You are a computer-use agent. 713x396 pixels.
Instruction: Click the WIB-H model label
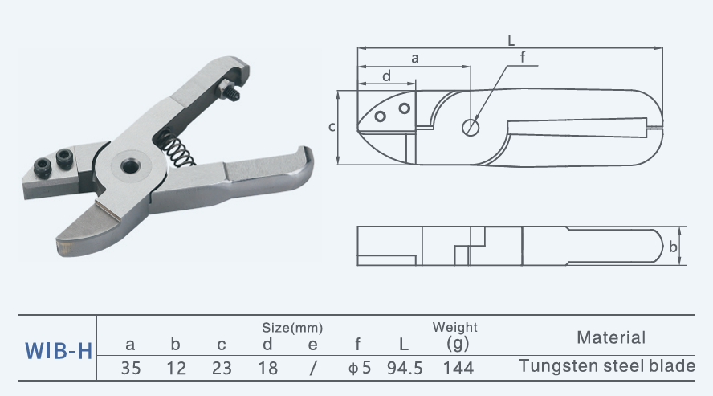tap(59, 351)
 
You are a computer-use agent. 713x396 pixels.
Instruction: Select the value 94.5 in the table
tap(405, 369)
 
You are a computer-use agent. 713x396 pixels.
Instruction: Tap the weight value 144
tap(457, 369)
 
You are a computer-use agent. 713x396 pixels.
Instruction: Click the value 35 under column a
tap(131, 369)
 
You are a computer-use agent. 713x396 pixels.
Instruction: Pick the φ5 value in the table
tap(358, 369)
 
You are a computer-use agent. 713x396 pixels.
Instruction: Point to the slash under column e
tap(313, 369)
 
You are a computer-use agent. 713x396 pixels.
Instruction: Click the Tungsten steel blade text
tap(607, 366)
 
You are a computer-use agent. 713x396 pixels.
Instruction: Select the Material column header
tap(610, 338)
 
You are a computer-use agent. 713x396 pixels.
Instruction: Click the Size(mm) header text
tap(292, 328)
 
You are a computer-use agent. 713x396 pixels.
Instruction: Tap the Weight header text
tap(454, 328)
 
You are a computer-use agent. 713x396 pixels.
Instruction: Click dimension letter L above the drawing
tap(511, 39)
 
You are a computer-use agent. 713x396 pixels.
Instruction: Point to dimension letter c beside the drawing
tap(332, 127)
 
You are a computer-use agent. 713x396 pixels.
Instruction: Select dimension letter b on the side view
tap(673, 247)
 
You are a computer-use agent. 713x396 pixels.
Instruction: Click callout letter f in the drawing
tap(522, 56)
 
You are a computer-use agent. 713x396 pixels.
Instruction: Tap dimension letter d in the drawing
tap(386, 76)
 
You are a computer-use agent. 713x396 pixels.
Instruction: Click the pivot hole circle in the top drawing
tap(471, 126)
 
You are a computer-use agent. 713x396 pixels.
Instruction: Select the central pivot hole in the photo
tap(128, 165)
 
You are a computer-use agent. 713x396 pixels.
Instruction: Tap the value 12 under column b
tap(176, 369)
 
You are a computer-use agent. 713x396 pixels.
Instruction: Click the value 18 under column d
tap(267, 369)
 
